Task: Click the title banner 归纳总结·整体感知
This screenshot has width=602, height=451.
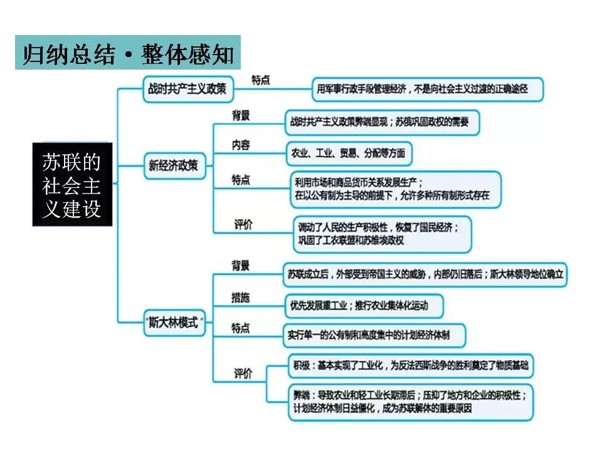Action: [128, 53]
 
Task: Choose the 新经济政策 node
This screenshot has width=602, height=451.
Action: [173, 166]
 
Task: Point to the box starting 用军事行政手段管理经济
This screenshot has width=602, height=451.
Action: [427, 89]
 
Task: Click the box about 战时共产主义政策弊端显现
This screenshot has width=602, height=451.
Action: [381, 122]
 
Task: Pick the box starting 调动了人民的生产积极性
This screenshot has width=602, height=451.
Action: [382, 233]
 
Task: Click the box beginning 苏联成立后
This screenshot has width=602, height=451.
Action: [425, 274]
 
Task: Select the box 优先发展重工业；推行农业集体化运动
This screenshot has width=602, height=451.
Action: [363, 306]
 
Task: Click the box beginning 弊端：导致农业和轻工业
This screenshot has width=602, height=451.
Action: [411, 402]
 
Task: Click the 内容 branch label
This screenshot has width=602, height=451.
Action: [241, 145]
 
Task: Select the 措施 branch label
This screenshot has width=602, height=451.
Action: [240, 298]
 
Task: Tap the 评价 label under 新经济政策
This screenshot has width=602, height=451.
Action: [243, 224]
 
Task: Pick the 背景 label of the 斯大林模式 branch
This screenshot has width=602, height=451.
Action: [241, 265]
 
